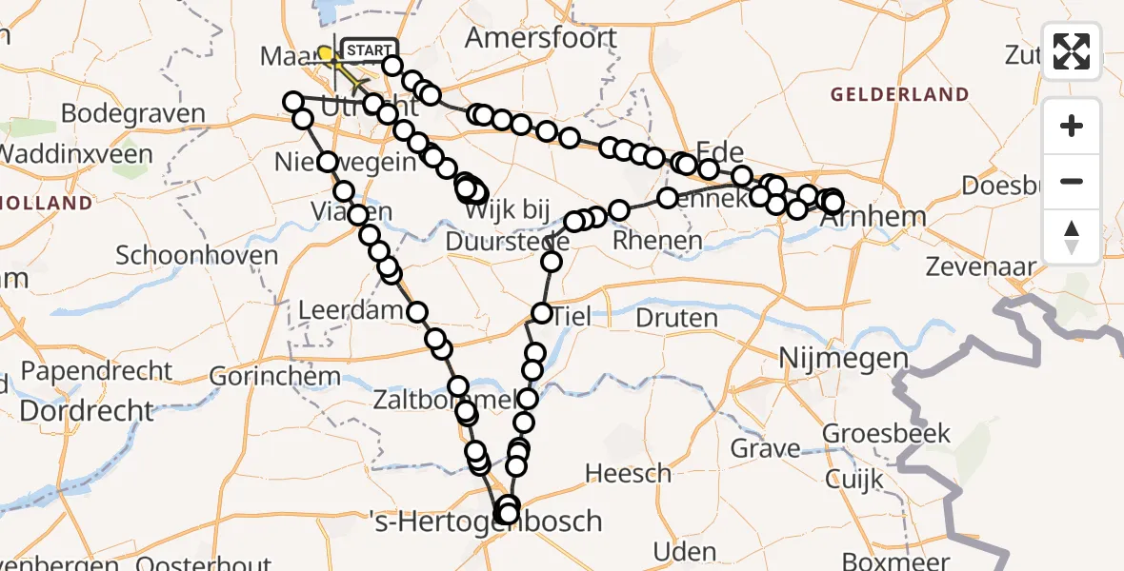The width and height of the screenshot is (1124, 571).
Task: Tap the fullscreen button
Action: click(x=1072, y=51)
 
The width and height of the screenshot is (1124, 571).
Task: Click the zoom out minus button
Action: click(x=1072, y=181)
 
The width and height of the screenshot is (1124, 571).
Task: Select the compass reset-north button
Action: click(x=1072, y=236)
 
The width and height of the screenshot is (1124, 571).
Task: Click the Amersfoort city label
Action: click(x=541, y=39)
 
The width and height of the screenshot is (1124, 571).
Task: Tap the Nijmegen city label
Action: click(x=831, y=358)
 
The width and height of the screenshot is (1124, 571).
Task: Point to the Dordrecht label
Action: click(x=87, y=411)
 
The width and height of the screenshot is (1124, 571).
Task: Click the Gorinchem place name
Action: click(x=261, y=376)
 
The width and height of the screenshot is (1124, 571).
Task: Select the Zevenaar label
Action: click(x=981, y=267)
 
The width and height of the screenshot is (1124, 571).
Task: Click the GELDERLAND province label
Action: click(x=899, y=95)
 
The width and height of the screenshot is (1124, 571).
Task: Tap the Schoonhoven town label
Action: click(x=197, y=255)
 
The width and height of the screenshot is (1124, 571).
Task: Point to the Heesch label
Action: click(x=628, y=473)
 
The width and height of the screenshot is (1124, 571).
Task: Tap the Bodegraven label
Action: click(x=133, y=114)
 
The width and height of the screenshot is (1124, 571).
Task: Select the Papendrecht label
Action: click(x=88, y=370)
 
